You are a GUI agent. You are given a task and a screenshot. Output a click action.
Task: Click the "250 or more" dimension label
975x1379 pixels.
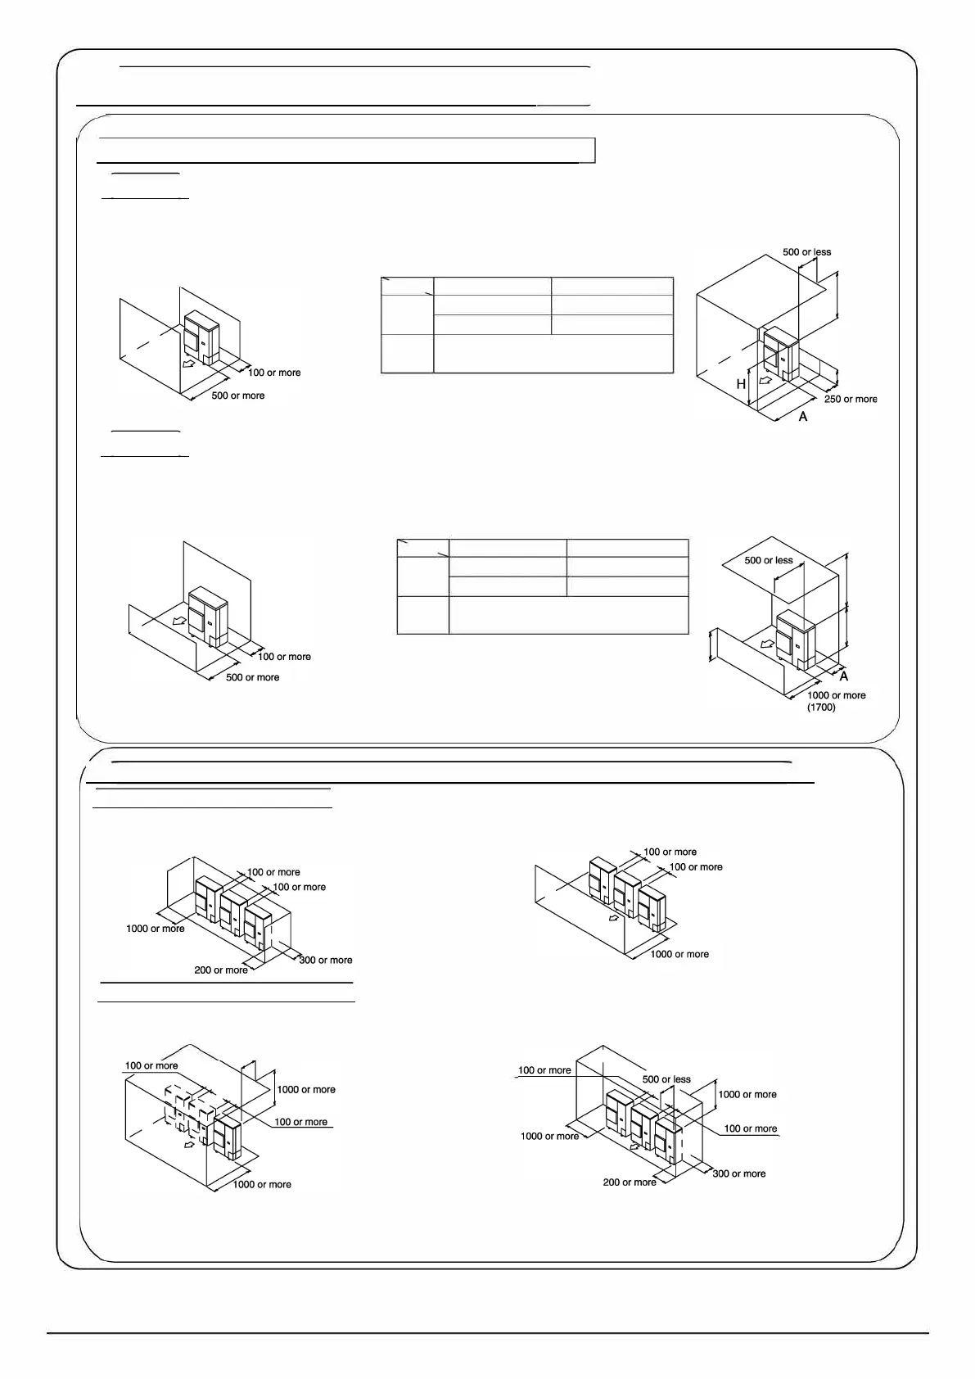pyautogui.click(x=850, y=399)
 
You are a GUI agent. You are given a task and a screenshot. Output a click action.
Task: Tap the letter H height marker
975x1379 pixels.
pyautogui.click(x=741, y=384)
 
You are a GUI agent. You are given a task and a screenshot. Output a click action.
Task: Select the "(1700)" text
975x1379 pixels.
pyautogui.click(x=821, y=707)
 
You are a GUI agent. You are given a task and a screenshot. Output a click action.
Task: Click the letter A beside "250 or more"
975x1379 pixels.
pyautogui.click(x=803, y=417)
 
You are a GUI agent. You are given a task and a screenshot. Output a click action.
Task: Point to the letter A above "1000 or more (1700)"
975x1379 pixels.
pyautogui.click(x=844, y=676)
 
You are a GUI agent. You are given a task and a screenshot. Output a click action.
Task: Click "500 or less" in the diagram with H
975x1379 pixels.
pyautogui.click(x=806, y=252)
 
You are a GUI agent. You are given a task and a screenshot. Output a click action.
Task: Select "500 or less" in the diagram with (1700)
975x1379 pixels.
pyautogui.click(x=768, y=560)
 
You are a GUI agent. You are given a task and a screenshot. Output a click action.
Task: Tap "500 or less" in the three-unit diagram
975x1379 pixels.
pyautogui.click(x=666, y=1079)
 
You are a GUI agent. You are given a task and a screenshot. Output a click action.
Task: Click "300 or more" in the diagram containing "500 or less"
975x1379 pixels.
pyautogui.click(x=739, y=1173)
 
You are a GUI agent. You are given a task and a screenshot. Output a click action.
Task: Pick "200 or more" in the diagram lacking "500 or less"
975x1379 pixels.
pyautogui.click(x=221, y=970)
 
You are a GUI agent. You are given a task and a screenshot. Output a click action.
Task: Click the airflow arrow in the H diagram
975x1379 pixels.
pyautogui.click(x=765, y=382)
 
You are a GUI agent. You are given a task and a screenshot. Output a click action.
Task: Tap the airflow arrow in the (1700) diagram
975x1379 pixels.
pyautogui.click(x=767, y=644)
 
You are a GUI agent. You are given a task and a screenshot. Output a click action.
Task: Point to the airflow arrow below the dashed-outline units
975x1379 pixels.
pyautogui.click(x=190, y=1146)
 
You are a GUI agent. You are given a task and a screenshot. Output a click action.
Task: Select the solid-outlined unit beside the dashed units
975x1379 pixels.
pyautogui.click(x=228, y=1137)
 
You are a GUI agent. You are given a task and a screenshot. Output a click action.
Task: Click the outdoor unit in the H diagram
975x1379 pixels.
pyautogui.click(x=779, y=352)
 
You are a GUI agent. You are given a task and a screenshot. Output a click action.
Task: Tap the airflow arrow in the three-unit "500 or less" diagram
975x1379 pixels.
pyautogui.click(x=634, y=1146)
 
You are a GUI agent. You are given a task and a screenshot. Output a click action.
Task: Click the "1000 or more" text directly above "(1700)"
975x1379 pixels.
pyautogui.click(x=836, y=695)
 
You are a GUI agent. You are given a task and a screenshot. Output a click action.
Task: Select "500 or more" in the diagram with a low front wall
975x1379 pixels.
pyautogui.click(x=252, y=677)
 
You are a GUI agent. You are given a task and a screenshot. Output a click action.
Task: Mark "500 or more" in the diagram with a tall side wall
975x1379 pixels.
pyautogui.click(x=237, y=396)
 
